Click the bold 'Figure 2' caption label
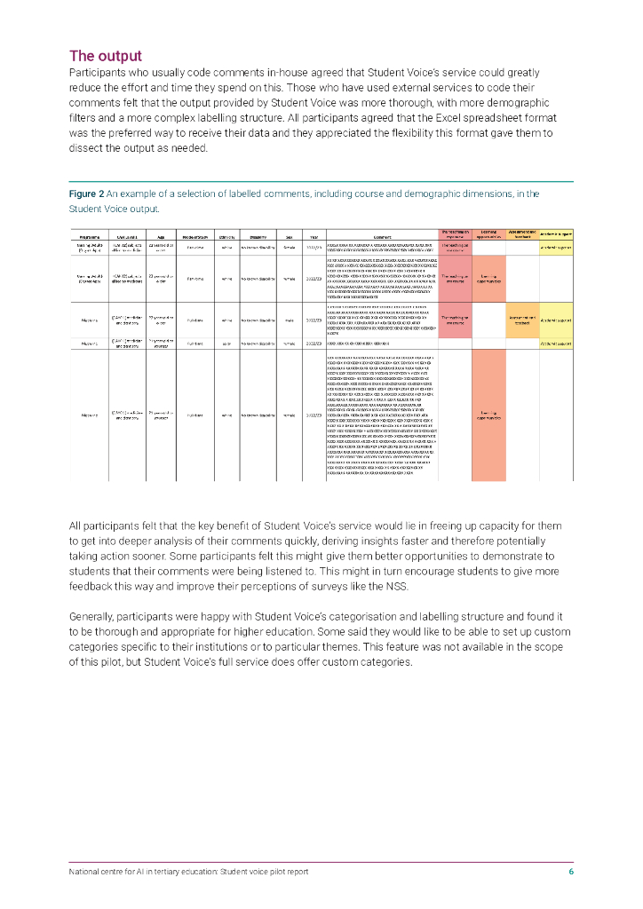point(86,193)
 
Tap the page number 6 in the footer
point(571,872)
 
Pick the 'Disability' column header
point(258,237)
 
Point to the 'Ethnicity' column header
point(226,237)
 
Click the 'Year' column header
point(314,237)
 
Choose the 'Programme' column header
point(89,237)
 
